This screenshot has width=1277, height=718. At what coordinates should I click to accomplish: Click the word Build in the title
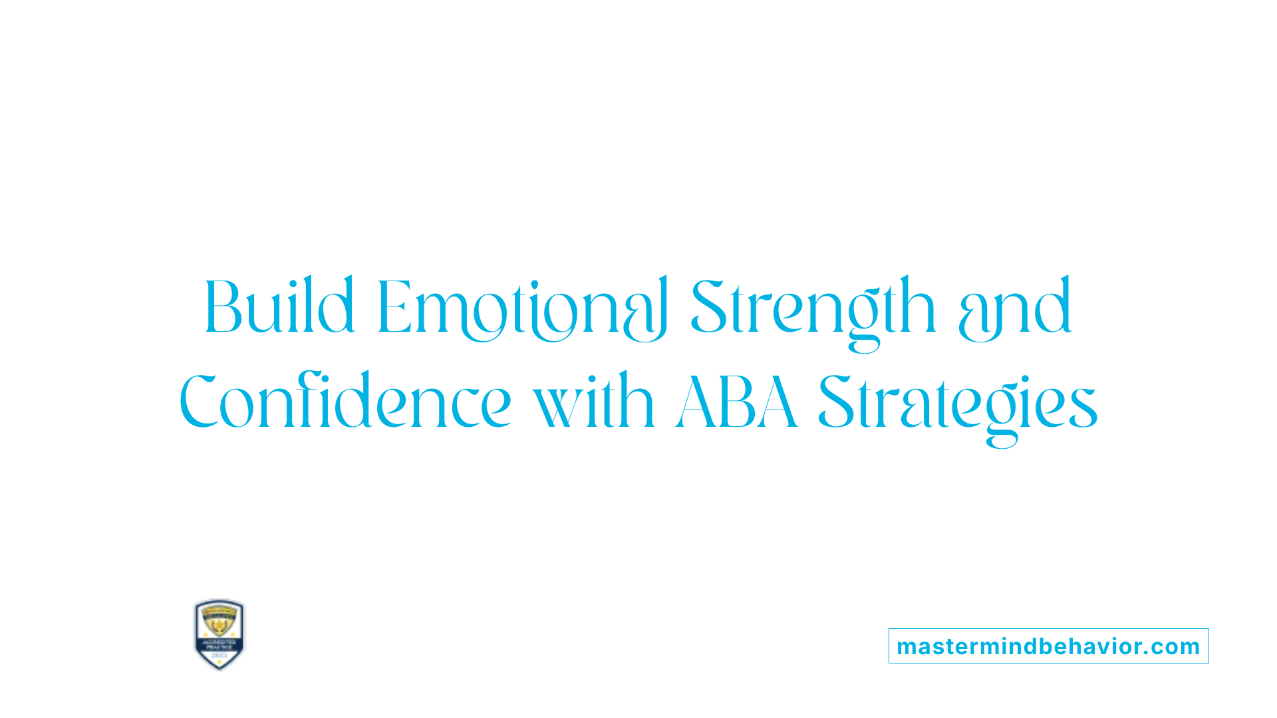point(279,307)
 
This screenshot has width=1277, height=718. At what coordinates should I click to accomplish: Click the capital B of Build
point(222,307)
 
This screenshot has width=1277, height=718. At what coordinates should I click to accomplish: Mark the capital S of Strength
point(708,307)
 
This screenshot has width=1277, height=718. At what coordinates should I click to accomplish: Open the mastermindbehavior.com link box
point(1048,646)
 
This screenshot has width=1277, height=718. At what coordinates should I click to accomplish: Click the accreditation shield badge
point(219,634)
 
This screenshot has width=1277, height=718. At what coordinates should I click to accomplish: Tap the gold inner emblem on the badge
point(219,622)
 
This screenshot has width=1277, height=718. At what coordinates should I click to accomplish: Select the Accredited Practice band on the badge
point(219,644)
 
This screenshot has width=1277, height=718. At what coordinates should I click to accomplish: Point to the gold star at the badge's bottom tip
point(219,663)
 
